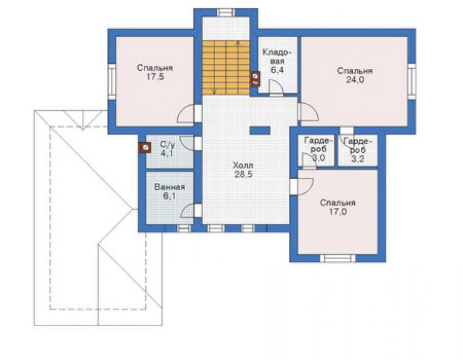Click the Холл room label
243,165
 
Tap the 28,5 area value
243,175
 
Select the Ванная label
170,187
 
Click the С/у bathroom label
168,145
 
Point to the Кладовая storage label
277,57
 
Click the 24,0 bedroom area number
355,80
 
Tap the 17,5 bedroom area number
155,77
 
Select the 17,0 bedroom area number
337,212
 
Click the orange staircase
226,68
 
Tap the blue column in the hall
260,131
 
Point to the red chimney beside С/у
145,148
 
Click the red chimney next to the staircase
255,79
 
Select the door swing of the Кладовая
276,88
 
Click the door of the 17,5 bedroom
186,114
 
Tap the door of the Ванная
188,210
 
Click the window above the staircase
226,13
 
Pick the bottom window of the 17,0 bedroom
337,259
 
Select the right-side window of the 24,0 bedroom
412,80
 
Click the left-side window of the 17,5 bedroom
112,81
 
